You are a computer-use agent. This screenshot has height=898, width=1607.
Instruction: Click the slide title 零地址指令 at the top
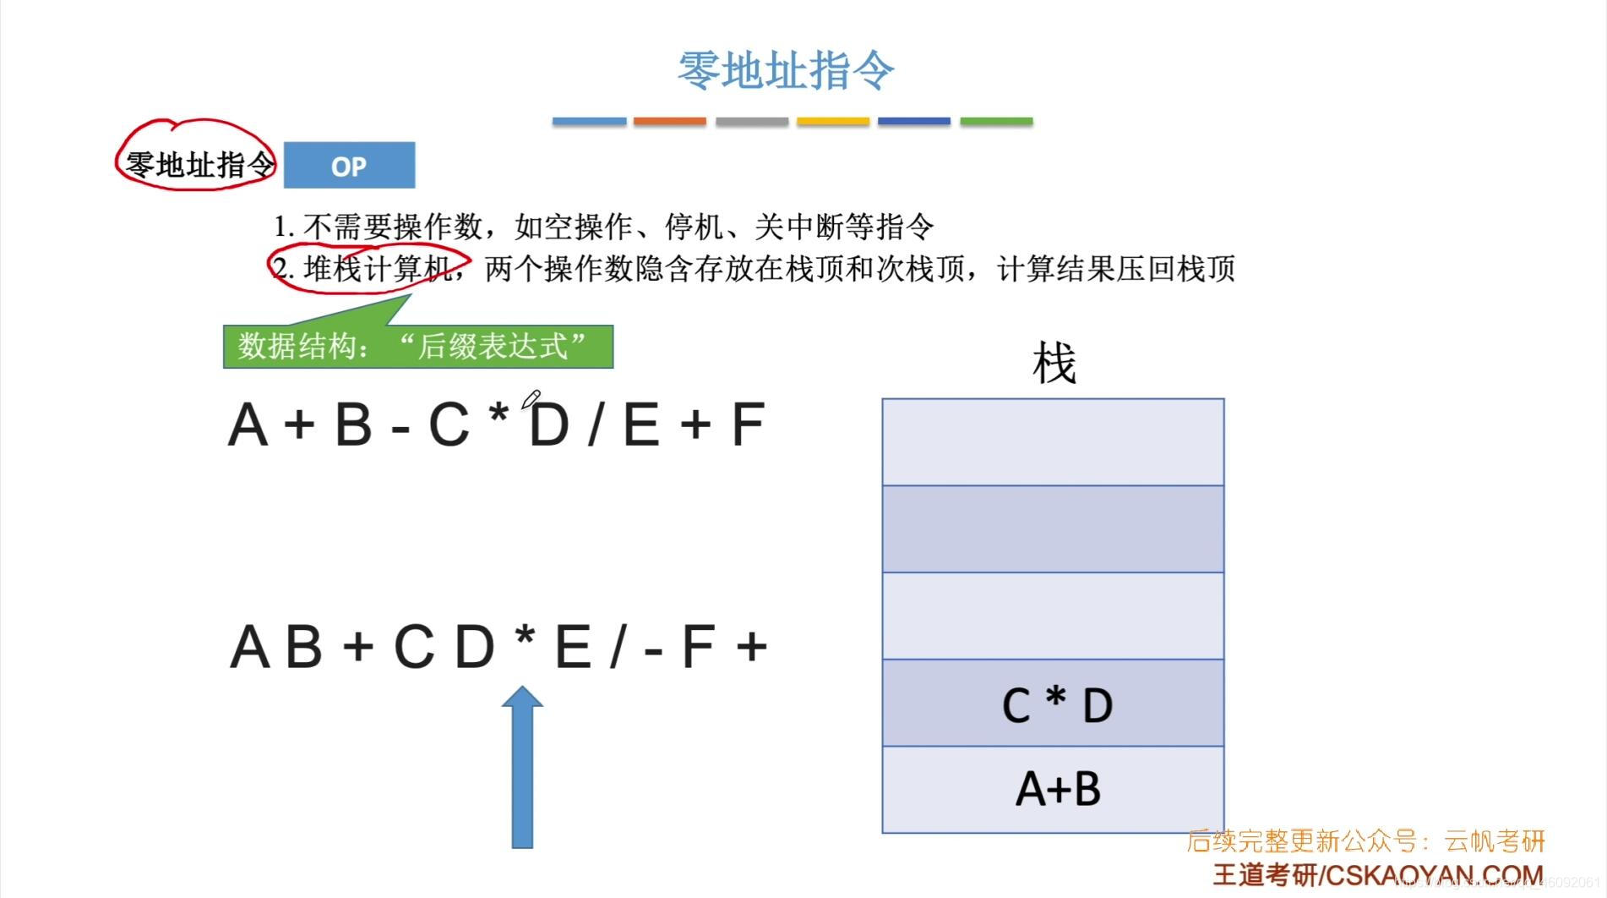[785, 70]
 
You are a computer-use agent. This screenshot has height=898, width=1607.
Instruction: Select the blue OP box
[349, 166]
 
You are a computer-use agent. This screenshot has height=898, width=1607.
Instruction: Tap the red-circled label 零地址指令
[199, 164]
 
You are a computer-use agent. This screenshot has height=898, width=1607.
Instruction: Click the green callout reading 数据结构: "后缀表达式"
[417, 347]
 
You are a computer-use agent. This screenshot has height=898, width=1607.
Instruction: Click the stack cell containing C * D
[1053, 703]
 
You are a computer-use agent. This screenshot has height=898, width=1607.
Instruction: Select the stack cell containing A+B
[1053, 789]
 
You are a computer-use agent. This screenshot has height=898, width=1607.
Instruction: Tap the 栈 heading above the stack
[1054, 364]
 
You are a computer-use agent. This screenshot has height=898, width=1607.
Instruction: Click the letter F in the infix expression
[747, 424]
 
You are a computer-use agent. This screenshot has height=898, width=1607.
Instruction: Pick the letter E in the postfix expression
[573, 647]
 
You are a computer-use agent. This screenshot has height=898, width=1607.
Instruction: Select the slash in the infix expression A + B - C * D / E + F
[595, 424]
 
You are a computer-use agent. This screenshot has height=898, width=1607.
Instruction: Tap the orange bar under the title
[669, 122]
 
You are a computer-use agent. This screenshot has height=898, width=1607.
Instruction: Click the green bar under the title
[996, 122]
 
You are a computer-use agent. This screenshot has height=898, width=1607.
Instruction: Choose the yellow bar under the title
[832, 122]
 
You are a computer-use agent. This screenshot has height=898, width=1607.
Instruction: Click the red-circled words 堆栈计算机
[377, 269]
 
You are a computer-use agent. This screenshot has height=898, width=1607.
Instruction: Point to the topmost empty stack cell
[1053, 442]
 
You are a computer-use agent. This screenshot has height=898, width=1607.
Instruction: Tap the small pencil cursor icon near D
[531, 399]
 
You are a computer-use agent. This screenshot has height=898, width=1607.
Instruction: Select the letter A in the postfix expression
[249, 647]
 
